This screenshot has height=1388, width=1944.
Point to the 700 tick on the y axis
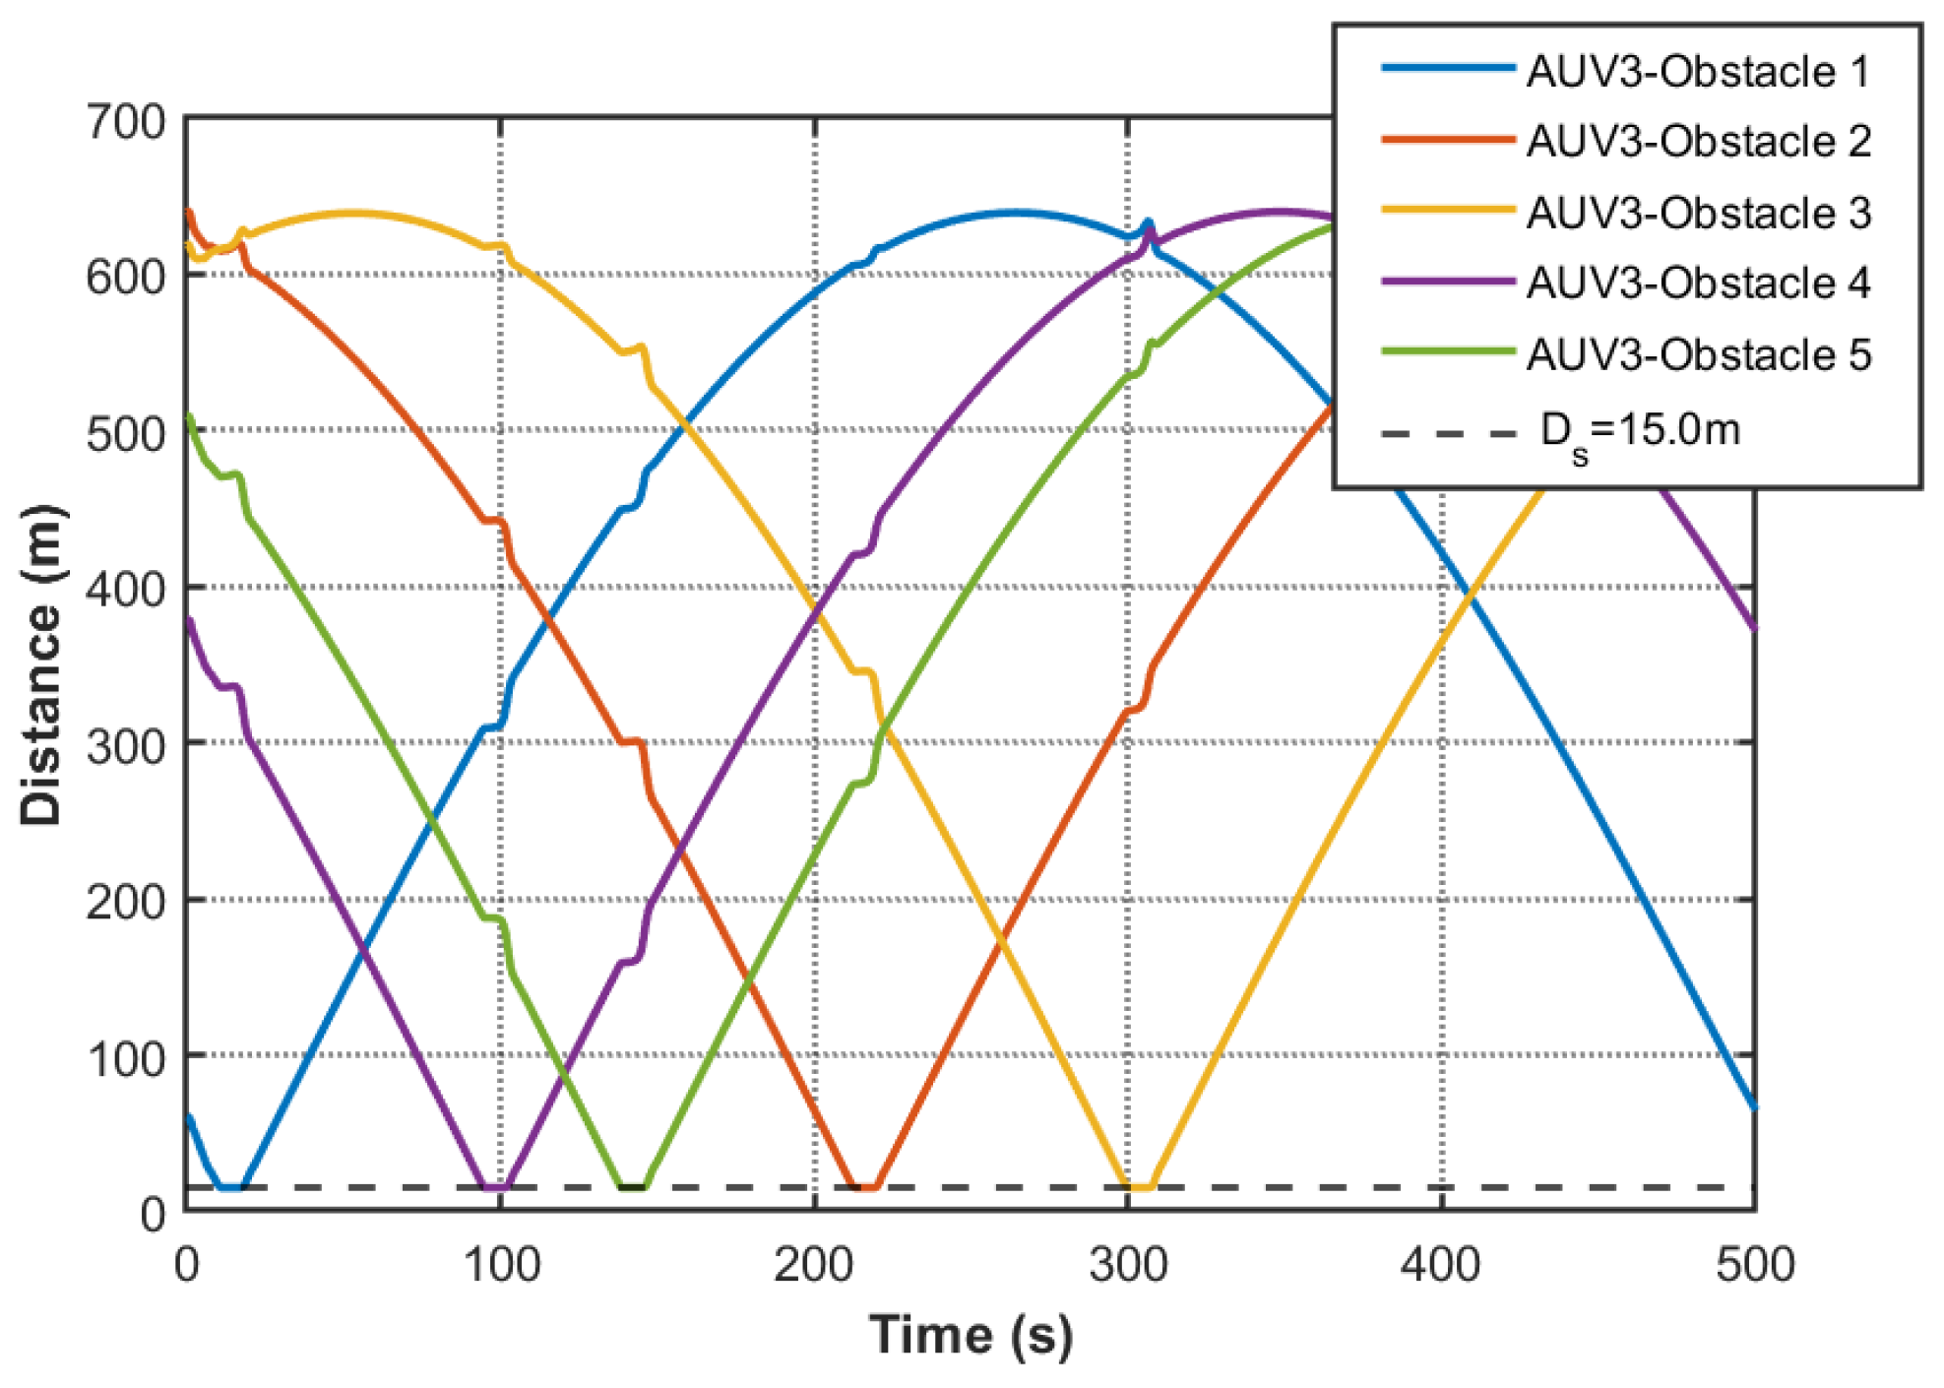[x=126, y=123]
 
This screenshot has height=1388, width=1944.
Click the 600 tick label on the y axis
[x=126, y=277]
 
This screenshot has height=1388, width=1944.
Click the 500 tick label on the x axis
[x=1754, y=1265]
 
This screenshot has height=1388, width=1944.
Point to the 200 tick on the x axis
[x=814, y=1265]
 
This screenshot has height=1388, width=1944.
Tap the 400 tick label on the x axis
[x=1441, y=1265]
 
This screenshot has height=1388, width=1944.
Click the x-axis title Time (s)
[x=971, y=1336]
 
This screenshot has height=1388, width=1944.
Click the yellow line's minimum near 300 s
[x=1138, y=1186]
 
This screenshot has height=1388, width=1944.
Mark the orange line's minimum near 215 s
[x=863, y=1186]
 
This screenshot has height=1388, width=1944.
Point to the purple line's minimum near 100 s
[x=495, y=1187]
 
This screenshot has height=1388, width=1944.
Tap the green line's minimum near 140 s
[x=632, y=1186]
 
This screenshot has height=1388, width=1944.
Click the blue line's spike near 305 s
[x=1147, y=223]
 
